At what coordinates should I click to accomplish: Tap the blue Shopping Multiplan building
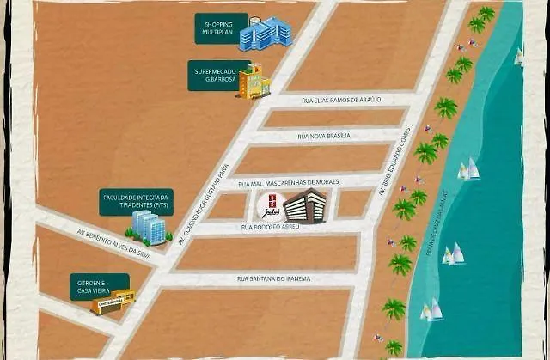(x=266, y=34)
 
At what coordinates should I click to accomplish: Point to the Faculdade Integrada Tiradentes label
(x=137, y=202)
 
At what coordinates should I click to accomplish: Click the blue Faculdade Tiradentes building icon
(x=147, y=228)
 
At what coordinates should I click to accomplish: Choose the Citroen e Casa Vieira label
(x=100, y=286)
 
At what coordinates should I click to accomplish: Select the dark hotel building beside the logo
(x=305, y=205)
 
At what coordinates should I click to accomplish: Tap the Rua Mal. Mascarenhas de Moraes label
(x=289, y=182)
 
